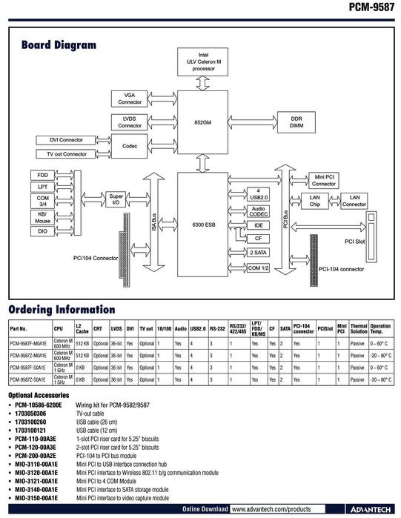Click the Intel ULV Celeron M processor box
[x=203, y=61]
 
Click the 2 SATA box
[x=258, y=253]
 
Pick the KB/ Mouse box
[x=42, y=217]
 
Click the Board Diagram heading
[x=59, y=45]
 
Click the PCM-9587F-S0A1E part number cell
[x=28, y=366]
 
